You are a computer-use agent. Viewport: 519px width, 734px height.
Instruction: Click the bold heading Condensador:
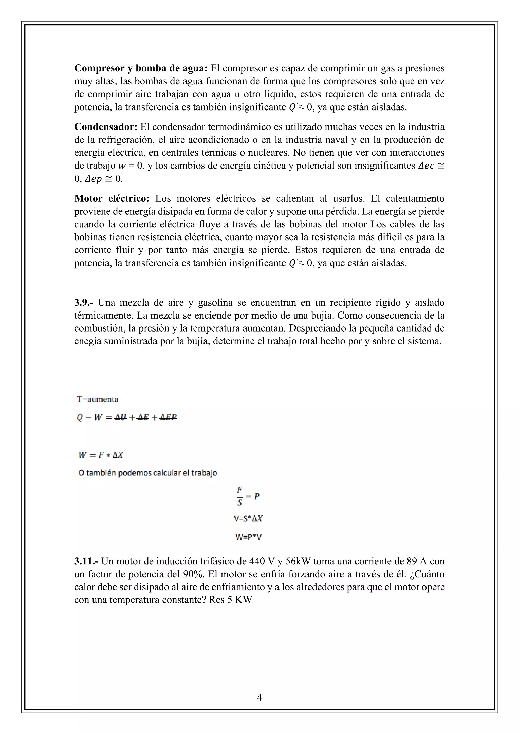[105, 127]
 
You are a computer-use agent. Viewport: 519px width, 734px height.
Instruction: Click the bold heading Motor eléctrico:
[112, 198]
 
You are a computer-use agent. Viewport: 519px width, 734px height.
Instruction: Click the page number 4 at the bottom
[259, 697]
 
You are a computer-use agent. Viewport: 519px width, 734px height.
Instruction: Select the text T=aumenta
[98, 399]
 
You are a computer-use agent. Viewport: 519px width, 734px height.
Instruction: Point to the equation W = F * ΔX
[101, 455]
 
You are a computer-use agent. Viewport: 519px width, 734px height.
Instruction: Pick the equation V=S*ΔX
[248, 518]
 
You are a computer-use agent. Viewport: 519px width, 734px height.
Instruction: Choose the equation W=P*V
[248, 537]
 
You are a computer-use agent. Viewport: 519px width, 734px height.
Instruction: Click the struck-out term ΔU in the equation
[121, 417]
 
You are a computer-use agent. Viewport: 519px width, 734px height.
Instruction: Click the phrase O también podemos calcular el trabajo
[148, 473]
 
